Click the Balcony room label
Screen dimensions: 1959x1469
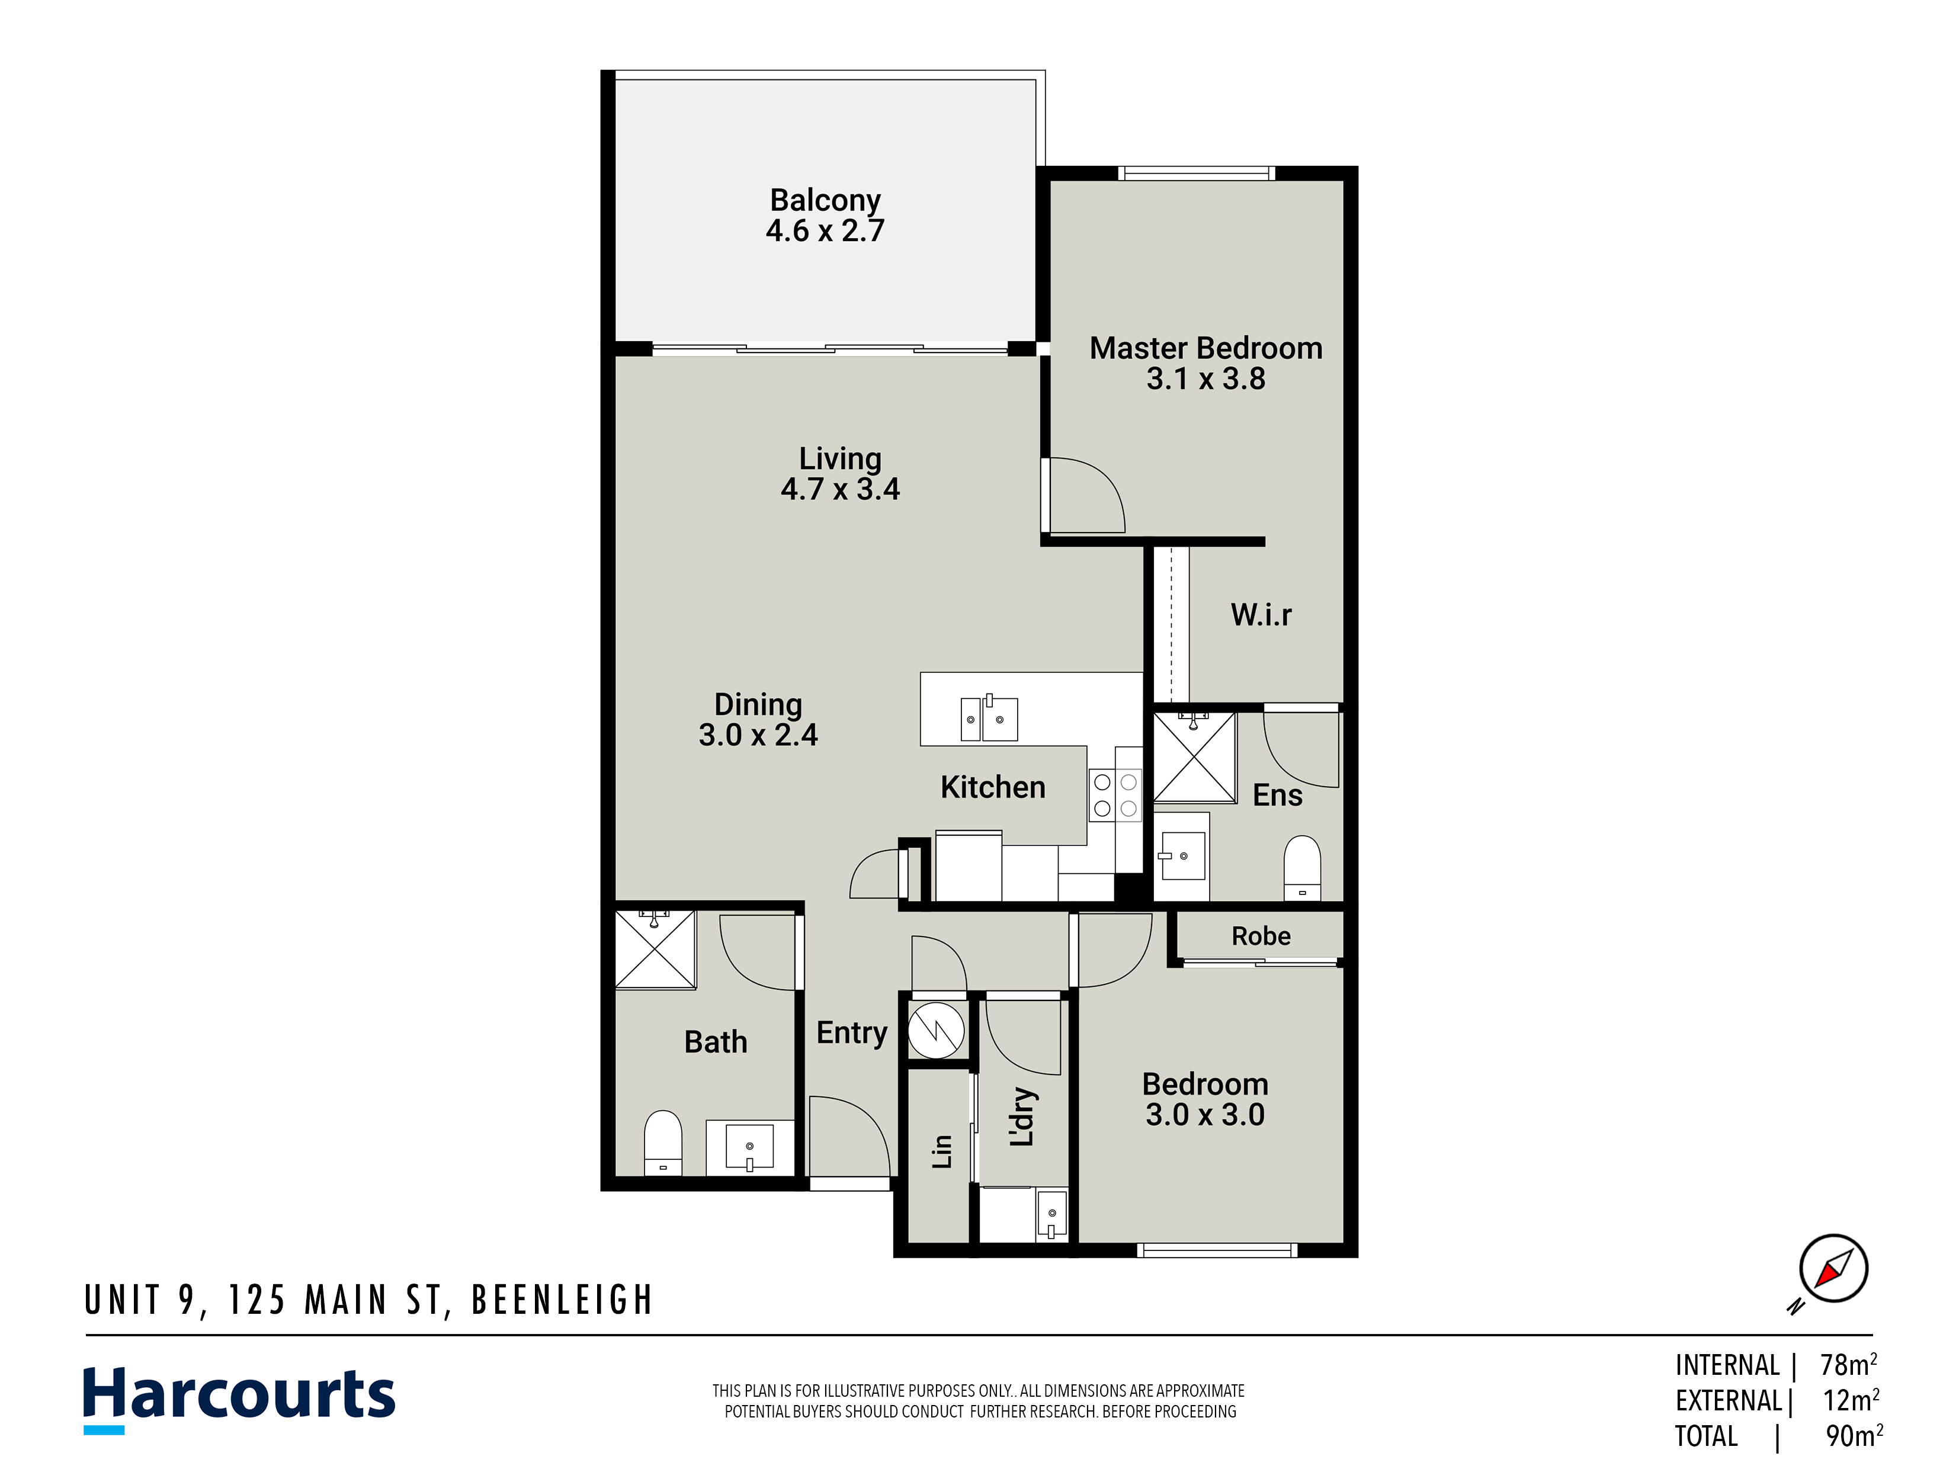(x=825, y=201)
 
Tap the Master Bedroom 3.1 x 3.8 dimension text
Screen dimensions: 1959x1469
(x=1205, y=379)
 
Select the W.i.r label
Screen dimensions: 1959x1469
(x=1261, y=614)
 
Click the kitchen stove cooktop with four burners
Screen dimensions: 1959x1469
(x=1115, y=795)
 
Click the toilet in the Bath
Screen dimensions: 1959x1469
(x=662, y=1142)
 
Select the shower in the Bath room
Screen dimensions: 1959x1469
(x=655, y=948)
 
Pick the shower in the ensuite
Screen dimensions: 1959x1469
(x=1194, y=757)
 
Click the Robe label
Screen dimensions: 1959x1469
(x=1261, y=936)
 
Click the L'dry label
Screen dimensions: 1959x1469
(x=1023, y=1117)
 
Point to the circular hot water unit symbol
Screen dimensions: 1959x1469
(x=936, y=1030)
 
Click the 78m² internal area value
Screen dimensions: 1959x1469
(x=1848, y=1365)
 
